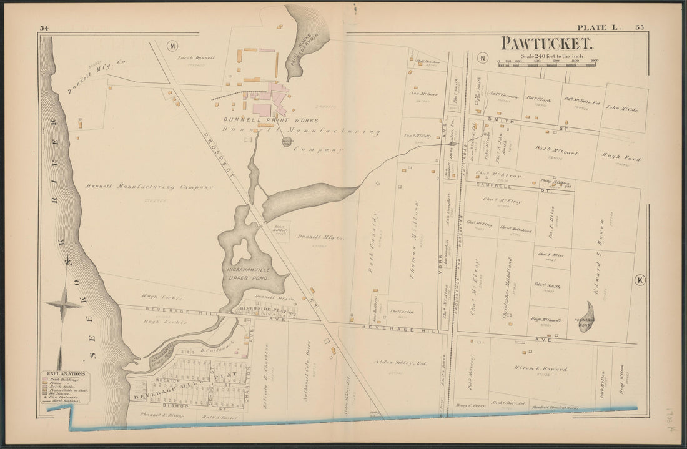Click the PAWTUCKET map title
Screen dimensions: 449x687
[546, 44]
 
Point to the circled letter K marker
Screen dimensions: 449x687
[640, 280]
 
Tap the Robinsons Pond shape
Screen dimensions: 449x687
[586, 316]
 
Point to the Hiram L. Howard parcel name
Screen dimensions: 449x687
[541, 368]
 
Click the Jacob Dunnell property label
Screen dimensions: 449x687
[196, 57]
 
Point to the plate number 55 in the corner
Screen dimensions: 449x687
[640, 27]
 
